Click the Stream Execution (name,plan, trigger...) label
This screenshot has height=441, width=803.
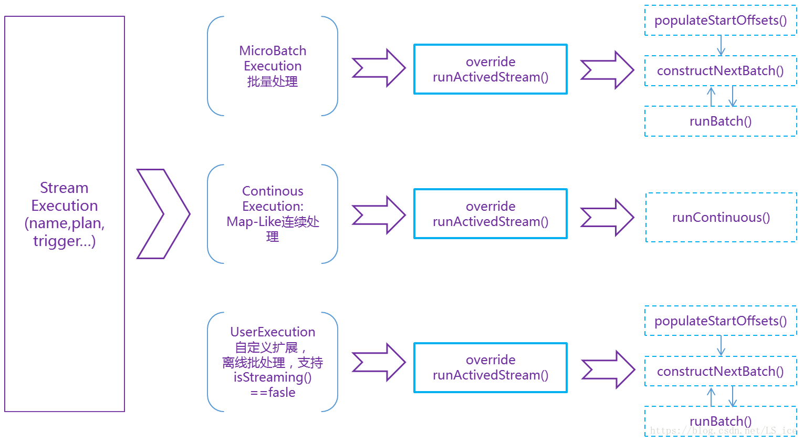[65, 214]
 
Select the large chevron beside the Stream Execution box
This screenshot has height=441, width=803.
[163, 214]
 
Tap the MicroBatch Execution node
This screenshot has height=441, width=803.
[273, 66]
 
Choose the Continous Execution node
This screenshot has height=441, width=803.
[273, 213]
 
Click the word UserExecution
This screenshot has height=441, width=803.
[273, 332]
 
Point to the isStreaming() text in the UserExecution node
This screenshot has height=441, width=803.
[273, 377]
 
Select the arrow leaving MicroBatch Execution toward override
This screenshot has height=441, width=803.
[379, 68]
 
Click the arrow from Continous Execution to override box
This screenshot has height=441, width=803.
[379, 214]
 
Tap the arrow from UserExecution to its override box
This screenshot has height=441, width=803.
[379, 362]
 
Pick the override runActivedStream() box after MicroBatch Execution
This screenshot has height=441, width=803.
[491, 69]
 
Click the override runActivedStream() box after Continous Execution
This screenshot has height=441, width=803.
[491, 214]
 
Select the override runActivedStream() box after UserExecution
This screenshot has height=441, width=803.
[491, 367]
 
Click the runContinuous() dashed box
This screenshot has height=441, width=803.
[721, 218]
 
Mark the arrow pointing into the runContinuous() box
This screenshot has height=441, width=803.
[607, 218]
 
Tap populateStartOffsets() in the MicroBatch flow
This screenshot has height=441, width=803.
[721, 20]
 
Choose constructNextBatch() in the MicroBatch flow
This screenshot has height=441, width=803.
[721, 71]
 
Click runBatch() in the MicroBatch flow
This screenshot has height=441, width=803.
[721, 121]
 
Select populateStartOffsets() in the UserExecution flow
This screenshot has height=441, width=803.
[721, 321]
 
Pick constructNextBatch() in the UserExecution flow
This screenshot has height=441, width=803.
[721, 372]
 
